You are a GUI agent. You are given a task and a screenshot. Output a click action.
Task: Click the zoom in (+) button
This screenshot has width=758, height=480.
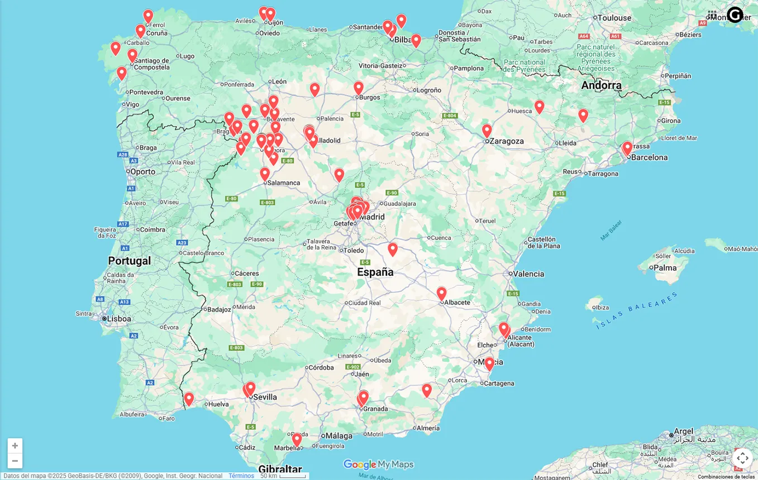(x=15, y=445)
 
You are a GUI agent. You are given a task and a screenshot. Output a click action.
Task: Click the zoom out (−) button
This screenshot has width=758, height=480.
(x=15, y=460)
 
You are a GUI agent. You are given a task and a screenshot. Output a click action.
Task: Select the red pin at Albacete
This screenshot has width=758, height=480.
(x=441, y=294)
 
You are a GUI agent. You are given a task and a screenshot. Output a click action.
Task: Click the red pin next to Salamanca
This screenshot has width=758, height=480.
(x=265, y=174)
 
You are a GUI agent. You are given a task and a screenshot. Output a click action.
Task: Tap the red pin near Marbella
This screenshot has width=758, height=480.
(x=297, y=440)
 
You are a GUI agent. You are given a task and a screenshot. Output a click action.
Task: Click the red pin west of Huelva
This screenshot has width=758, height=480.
(x=189, y=399)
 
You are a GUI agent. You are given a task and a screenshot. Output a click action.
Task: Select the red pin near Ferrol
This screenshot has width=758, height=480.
(x=148, y=17)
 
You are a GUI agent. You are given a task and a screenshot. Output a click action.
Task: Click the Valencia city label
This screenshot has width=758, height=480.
(x=528, y=274)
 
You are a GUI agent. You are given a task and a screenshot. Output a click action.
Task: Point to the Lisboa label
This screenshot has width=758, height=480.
(x=119, y=319)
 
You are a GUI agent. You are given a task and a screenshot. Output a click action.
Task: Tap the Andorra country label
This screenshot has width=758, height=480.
(x=601, y=85)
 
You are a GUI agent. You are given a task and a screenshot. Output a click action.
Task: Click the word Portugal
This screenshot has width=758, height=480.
(x=130, y=261)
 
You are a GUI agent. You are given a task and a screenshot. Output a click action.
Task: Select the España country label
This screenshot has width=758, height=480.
(x=375, y=272)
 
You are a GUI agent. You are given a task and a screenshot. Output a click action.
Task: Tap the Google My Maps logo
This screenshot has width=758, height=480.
(x=378, y=464)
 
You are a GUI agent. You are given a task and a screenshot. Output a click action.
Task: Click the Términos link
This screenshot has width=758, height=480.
(x=241, y=476)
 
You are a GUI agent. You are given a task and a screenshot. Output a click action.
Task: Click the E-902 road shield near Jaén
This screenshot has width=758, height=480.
(x=352, y=367)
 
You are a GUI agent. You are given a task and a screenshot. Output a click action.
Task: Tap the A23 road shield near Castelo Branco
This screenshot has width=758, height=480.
(x=182, y=243)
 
